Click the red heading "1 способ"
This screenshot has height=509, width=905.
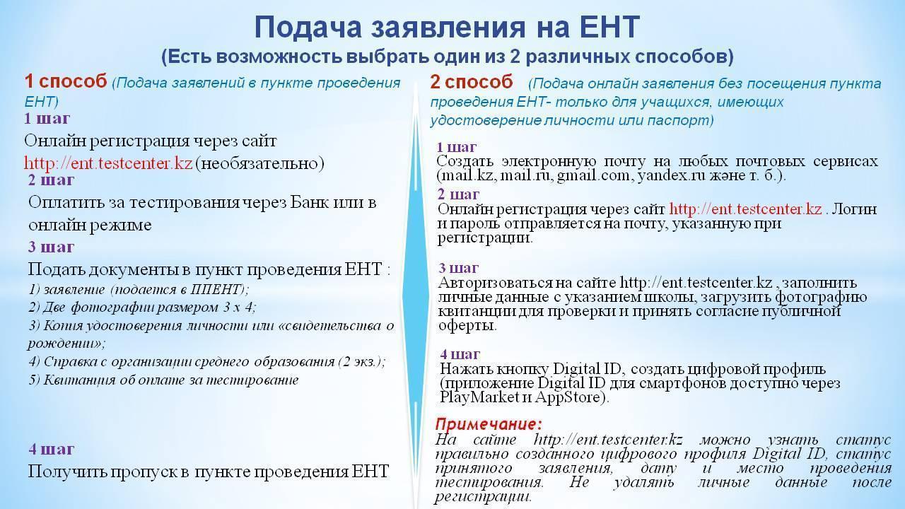66,81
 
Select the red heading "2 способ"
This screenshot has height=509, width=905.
472,82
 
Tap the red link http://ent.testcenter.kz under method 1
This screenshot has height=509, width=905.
108,163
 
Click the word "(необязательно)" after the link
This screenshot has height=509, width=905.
259,163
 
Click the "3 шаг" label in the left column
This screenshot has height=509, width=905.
52,247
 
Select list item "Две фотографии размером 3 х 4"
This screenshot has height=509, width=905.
142,308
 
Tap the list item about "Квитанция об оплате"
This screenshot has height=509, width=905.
163,380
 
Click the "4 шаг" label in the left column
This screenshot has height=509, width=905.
52,449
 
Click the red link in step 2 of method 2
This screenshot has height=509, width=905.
745,209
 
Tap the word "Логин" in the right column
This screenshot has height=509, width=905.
853,209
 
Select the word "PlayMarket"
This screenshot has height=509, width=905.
479,397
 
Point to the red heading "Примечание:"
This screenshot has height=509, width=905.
489,424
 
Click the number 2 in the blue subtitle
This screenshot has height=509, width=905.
515,57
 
